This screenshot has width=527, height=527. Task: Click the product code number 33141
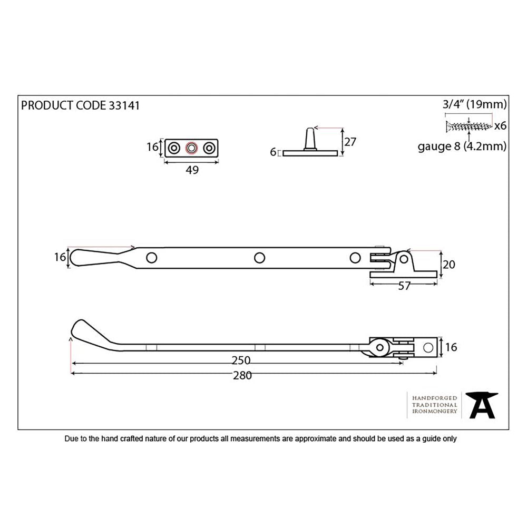coord(123,105)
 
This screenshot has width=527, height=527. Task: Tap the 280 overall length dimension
coord(243,375)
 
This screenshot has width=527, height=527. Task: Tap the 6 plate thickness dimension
coord(273,152)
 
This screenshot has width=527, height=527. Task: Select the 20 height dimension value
coord(448,265)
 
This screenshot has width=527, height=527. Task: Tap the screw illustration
coord(469,126)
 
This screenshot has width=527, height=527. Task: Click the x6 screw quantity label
coord(501,126)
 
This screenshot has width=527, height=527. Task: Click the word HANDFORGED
coord(434,397)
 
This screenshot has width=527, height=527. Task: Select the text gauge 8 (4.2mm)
coord(462,146)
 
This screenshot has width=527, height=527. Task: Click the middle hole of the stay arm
coord(259,258)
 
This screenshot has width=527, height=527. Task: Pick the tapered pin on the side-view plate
coord(310,138)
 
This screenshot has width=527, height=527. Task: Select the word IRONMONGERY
coord(434,412)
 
